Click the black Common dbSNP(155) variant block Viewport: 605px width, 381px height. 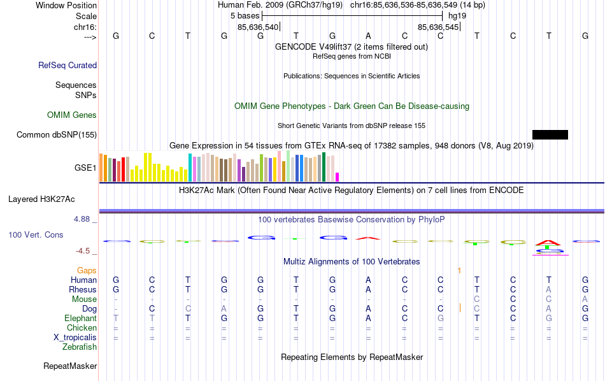[x=550, y=134]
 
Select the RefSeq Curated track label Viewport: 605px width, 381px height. [x=68, y=65]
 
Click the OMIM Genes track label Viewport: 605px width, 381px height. [x=72, y=115]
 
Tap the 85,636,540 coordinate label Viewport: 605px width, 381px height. [x=258, y=27]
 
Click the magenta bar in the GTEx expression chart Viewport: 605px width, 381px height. [x=338, y=176]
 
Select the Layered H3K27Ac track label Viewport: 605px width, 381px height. [x=41, y=199]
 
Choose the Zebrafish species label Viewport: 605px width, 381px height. [x=80, y=347]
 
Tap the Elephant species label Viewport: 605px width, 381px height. [x=80, y=319]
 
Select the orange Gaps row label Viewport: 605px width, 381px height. [x=87, y=271]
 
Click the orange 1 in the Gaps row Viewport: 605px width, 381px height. [x=459, y=271]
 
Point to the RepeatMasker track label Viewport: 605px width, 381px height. [x=70, y=366]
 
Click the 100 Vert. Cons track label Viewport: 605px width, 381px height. [x=36, y=235]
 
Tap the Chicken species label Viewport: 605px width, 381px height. [x=82, y=328]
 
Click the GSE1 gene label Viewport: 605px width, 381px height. [x=85, y=168]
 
